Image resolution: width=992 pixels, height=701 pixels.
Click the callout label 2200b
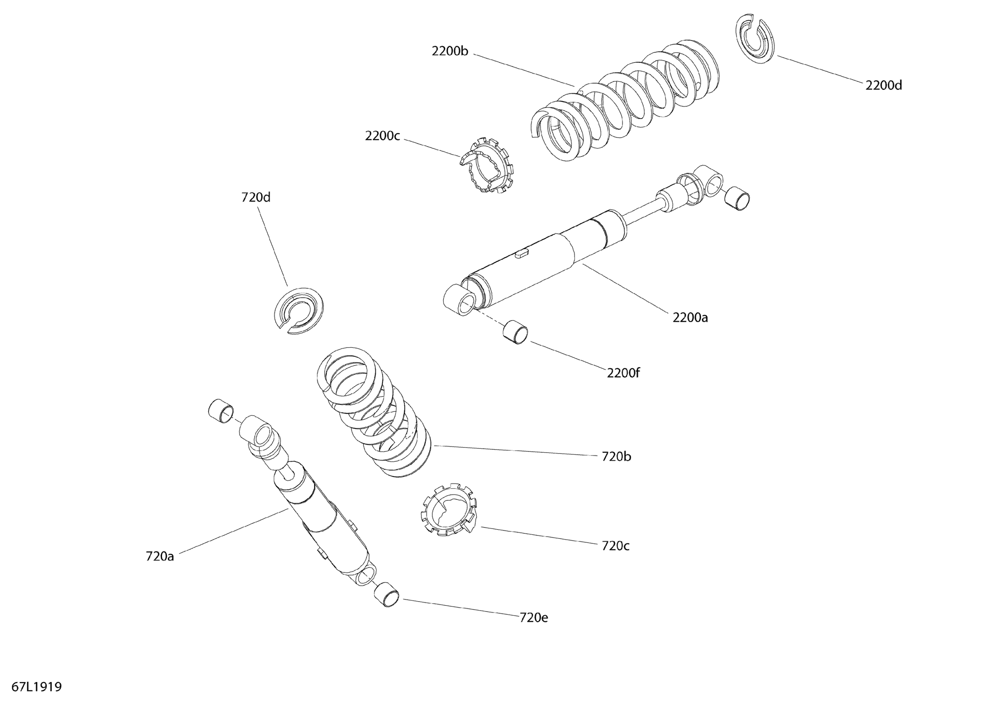pyautogui.click(x=450, y=51)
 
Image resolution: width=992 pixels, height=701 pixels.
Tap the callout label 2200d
pyautogui.click(x=884, y=86)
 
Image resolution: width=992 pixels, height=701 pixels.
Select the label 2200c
pyautogui.click(x=382, y=136)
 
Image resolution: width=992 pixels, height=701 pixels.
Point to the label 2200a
pyautogui.click(x=690, y=318)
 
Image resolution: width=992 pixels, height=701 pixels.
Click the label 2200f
pyautogui.click(x=623, y=373)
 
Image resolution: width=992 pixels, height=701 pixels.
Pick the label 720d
pyautogui.click(x=256, y=198)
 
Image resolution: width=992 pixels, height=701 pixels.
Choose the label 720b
pyautogui.click(x=616, y=457)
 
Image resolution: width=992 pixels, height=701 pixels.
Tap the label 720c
pyautogui.click(x=615, y=546)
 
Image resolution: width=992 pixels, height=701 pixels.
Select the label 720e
pyautogui.click(x=534, y=618)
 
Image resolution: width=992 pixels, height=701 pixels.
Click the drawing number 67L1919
pyautogui.click(x=37, y=686)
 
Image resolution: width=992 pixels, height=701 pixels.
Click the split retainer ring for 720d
pyautogui.click(x=299, y=310)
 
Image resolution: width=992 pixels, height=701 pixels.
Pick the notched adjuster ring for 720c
pyautogui.click(x=448, y=510)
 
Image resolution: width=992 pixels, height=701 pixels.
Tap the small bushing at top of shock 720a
pyautogui.click(x=221, y=411)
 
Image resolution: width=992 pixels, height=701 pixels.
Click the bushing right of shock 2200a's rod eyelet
pyautogui.click(x=737, y=199)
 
